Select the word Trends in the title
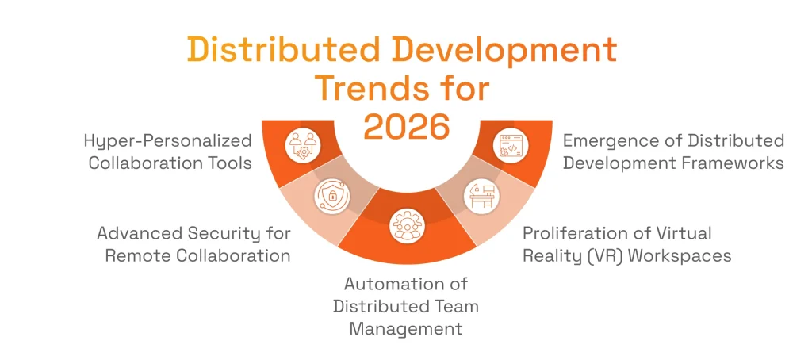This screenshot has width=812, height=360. pyautogui.click(x=370, y=87)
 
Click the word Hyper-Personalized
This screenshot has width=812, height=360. pyautogui.click(x=168, y=141)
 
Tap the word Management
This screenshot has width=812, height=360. pyautogui.click(x=405, y=327)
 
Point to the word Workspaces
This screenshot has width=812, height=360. pyautogui.click(x=687, y=255)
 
